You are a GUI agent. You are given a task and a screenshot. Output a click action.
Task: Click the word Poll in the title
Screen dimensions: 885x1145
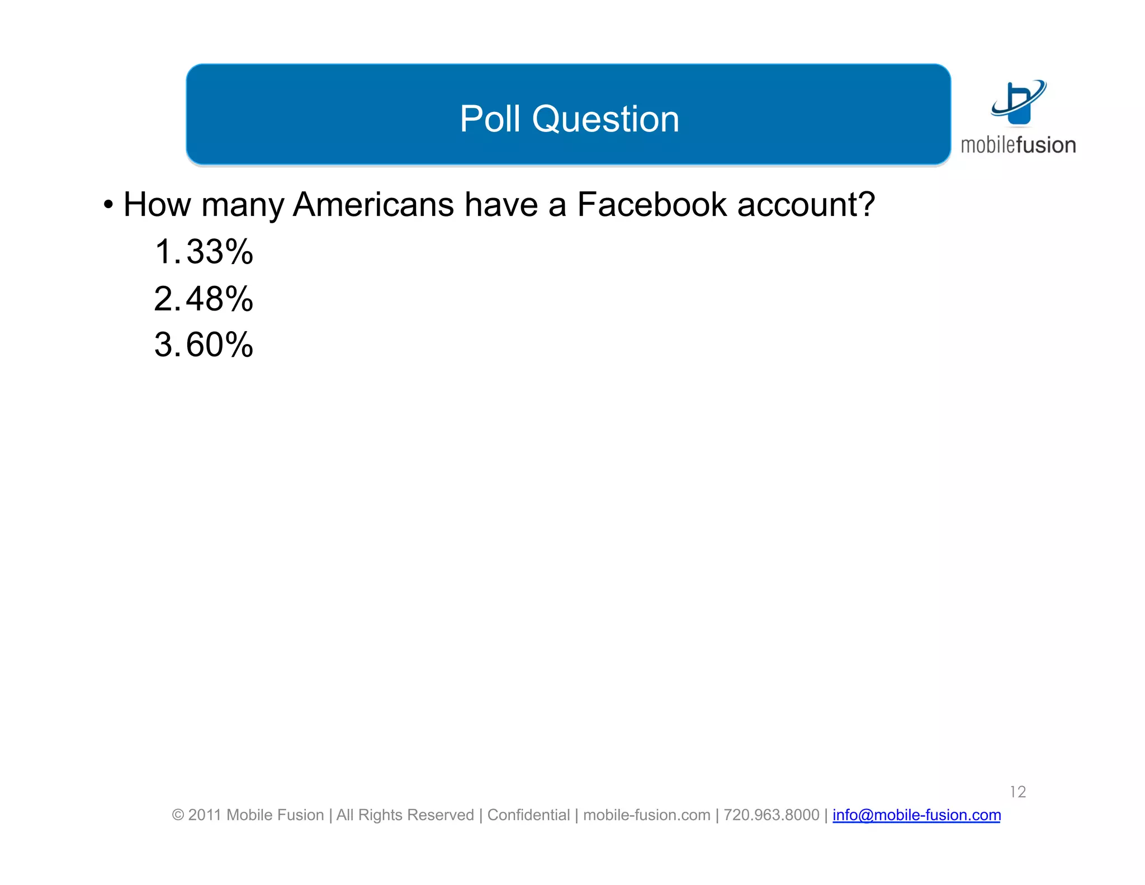coord(490,119)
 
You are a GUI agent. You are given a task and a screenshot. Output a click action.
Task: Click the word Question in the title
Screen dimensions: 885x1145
coord(605,119)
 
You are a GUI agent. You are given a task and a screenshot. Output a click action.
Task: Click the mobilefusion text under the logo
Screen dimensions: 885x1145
coord(1018,145)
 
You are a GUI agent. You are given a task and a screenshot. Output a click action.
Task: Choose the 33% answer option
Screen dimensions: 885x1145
coord(220,252)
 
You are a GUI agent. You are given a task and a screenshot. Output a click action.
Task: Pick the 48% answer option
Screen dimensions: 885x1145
coord(220,299)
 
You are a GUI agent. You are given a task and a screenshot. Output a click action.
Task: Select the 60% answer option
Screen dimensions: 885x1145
coord(220,345)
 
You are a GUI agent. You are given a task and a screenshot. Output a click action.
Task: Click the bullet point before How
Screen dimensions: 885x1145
coord(108,205)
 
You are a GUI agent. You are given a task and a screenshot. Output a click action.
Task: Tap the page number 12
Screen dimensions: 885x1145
coord(1018,792)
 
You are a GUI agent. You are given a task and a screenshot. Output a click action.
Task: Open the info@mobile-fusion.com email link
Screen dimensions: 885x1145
coord(916,815)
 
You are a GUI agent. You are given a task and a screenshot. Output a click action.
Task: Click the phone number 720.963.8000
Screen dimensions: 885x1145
coord(771,815)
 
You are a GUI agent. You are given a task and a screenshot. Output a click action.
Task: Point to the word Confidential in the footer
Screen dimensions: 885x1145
coord(528,815)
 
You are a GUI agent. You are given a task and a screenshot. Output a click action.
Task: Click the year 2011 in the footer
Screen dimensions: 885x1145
coord(205,815)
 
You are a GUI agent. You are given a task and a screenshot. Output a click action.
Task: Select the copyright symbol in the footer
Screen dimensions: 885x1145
coord(178,815)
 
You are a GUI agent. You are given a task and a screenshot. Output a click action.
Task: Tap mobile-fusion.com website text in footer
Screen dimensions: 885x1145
coord(646,815)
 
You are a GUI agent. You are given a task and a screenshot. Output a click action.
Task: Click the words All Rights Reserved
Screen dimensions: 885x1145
coord(405,815)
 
